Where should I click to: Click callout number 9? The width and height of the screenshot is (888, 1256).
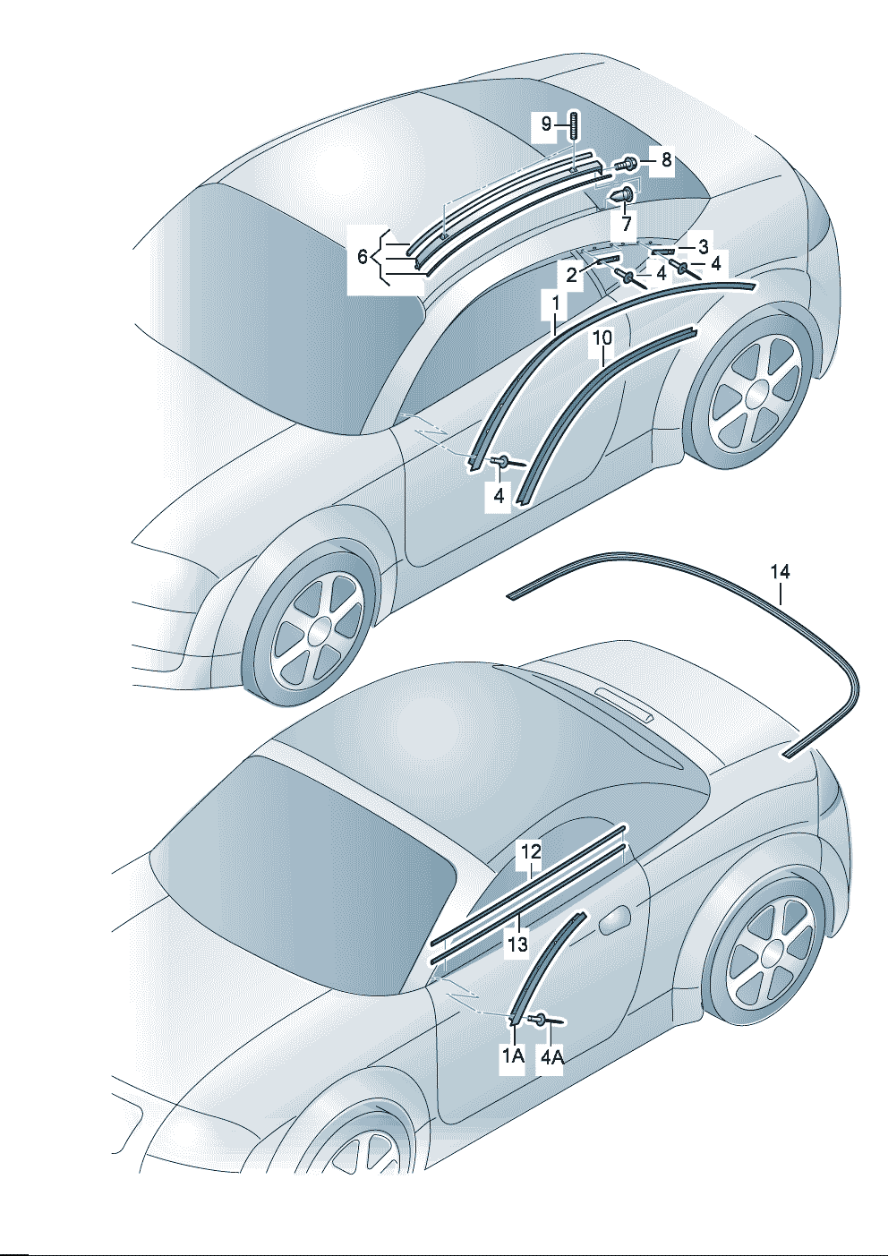546,124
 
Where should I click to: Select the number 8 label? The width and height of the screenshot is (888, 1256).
666,160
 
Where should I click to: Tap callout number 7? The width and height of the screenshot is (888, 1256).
626,225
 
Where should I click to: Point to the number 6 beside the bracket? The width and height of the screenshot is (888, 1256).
363,257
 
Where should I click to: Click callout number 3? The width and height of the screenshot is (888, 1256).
703,247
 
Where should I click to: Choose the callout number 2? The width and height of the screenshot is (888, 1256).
571,275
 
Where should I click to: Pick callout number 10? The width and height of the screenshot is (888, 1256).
602,337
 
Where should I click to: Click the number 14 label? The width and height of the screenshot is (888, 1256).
780,572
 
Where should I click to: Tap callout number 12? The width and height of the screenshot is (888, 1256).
531,852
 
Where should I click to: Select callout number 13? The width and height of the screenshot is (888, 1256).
518,944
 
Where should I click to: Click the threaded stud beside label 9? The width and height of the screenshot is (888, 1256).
575,132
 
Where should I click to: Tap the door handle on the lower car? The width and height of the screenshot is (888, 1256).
614,922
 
